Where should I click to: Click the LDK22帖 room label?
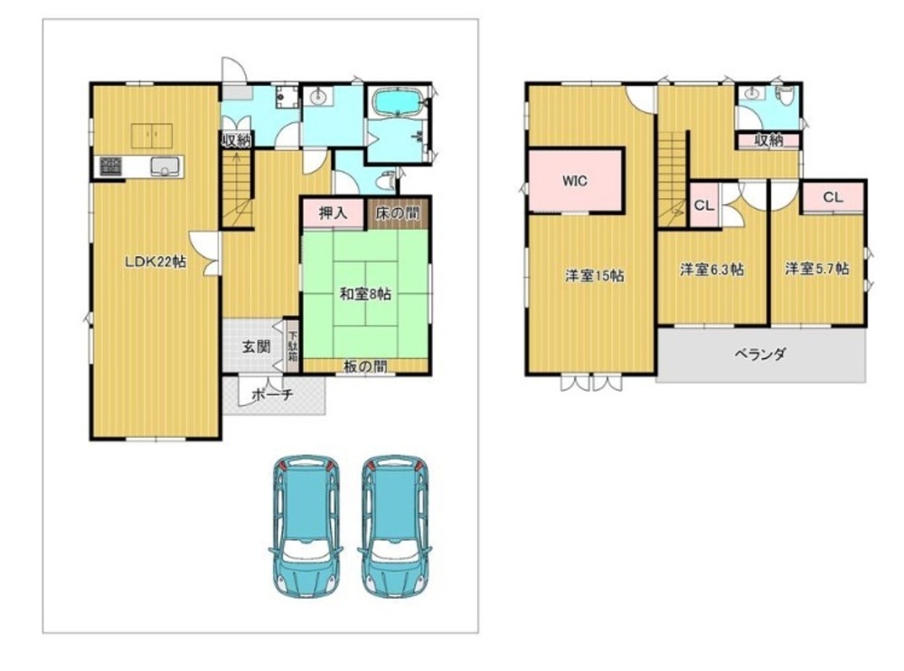(x=155, y=262)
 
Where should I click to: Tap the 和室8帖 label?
(x=365, y=294)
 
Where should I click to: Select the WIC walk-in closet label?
(x=575, y=181)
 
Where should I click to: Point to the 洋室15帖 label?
(x=595, y=276)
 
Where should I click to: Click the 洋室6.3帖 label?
(x=711, y=269)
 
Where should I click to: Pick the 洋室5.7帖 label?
(x=816, y=269)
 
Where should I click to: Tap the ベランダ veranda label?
(x=760, y=354)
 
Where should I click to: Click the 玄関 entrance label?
(x=256, y=346)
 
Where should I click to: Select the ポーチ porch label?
(x=273, y=394)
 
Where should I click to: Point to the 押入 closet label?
(x=334, y=213)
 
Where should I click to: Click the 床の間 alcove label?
(x=398, y=213)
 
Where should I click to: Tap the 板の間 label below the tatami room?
(x=365, y=365)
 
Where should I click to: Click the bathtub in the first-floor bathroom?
(x=399, y=103)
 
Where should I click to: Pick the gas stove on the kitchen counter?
(x=110, y=166)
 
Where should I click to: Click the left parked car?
(x=306, y=526)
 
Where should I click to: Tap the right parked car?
(x=396, y=526)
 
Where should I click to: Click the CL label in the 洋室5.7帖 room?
(x=833, y=197)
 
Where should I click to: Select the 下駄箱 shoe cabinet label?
(x=292, y=346)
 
